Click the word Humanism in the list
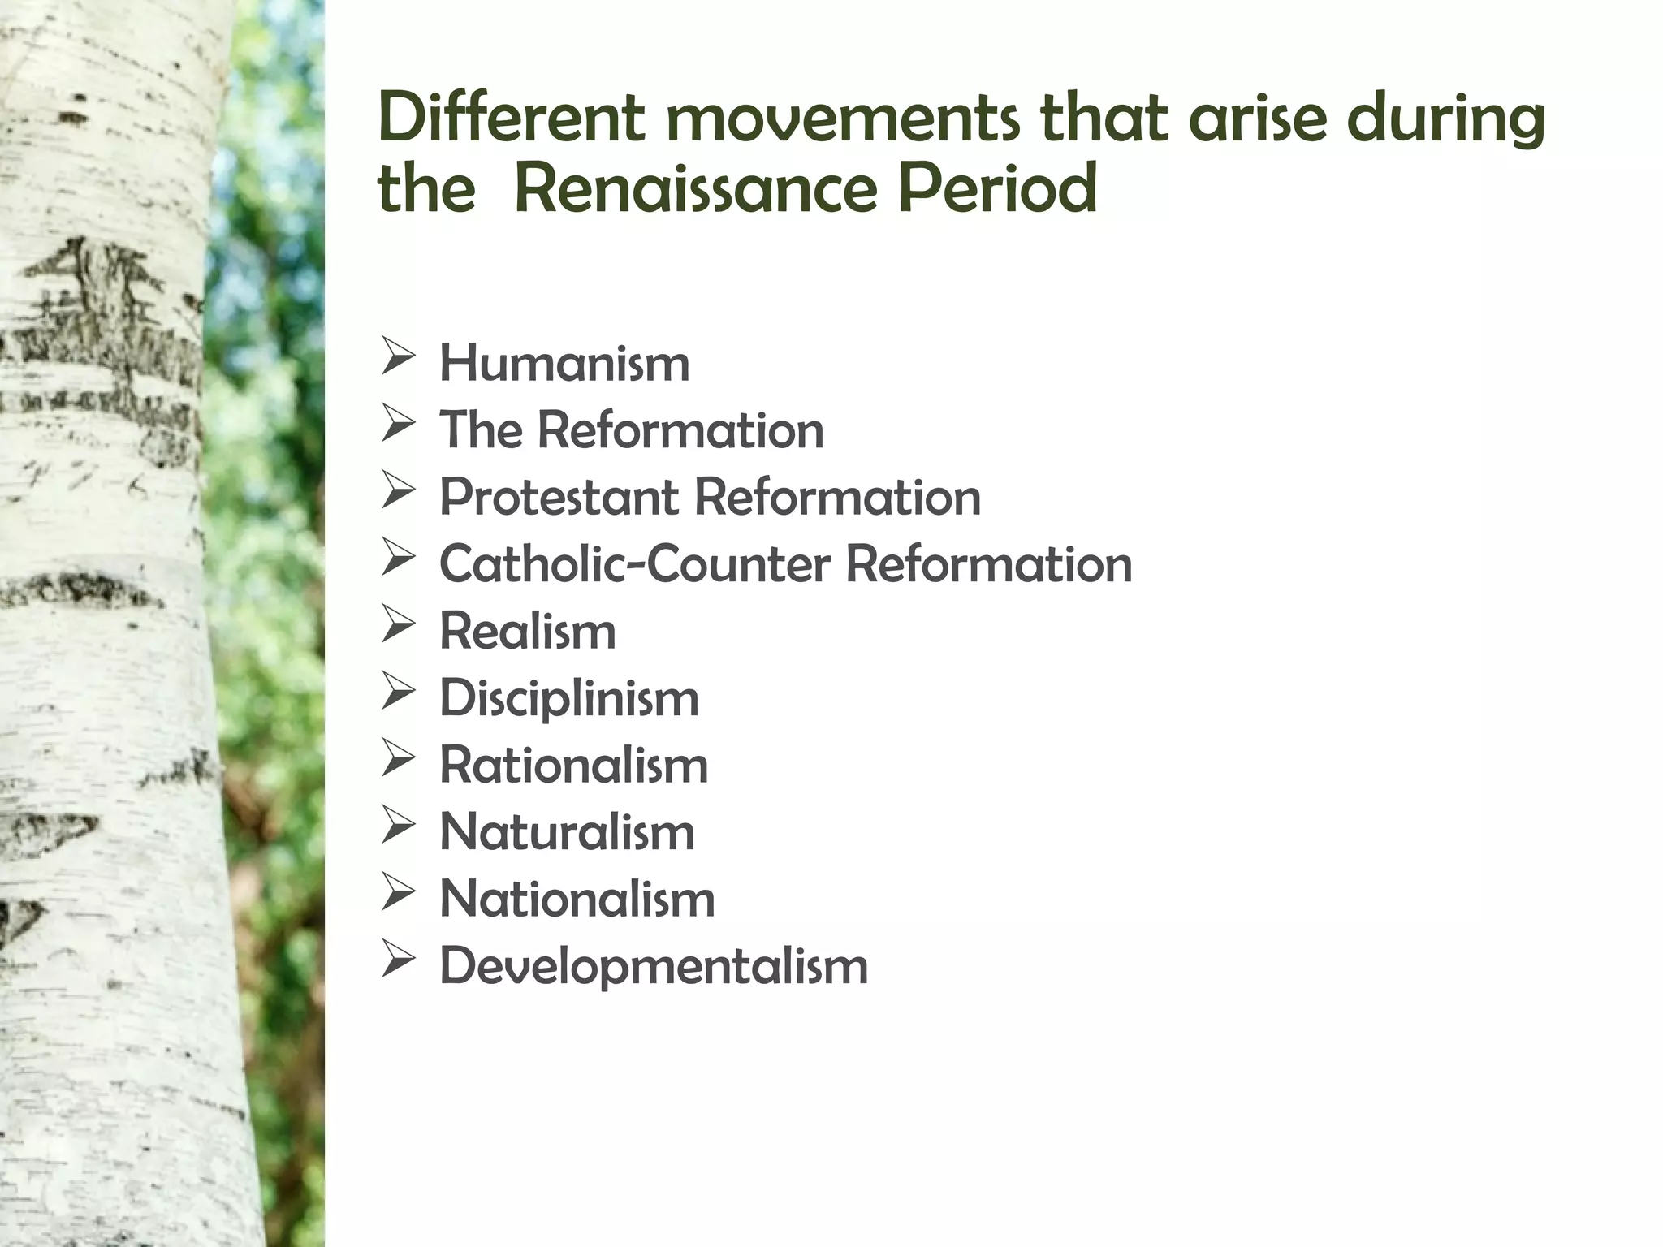click(x=564, y=363)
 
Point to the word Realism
click(x=528, y=631)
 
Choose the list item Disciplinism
click(x=568, y=698)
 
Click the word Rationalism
click(x=573, y=766)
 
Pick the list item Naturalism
click(x=567, y=832)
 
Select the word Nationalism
click(x=577, y=900)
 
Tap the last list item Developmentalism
click(x=654, y=966)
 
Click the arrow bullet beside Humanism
click(x=398, y=358)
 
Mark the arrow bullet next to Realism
click(x=398, y=626)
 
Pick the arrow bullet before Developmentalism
click(x=398, y=961)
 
